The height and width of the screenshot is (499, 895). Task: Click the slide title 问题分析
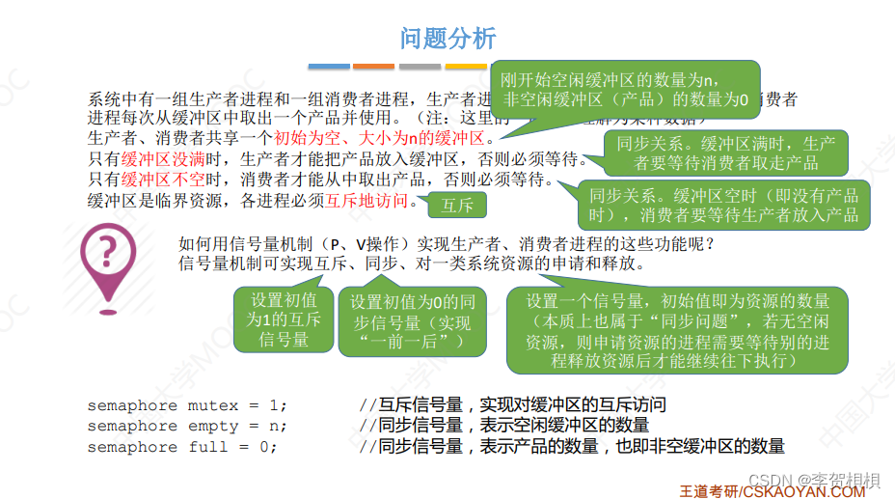[447, 38]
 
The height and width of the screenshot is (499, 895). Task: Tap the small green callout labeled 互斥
[457, 206]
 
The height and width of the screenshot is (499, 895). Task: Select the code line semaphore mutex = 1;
[187, 404]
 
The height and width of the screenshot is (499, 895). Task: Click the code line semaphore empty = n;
[187, 426]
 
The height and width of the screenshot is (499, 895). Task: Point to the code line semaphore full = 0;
[181, 447]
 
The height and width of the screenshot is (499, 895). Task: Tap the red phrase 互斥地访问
[366, 201]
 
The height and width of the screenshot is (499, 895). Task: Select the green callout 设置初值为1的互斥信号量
[283, 319]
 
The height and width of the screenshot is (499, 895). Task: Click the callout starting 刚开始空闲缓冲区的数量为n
[625, 90]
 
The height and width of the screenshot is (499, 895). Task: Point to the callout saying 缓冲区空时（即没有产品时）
[723, 204]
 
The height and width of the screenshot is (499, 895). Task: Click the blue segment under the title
[328, 66]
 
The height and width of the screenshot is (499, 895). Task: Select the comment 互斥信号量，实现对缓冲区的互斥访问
[512, 404]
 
